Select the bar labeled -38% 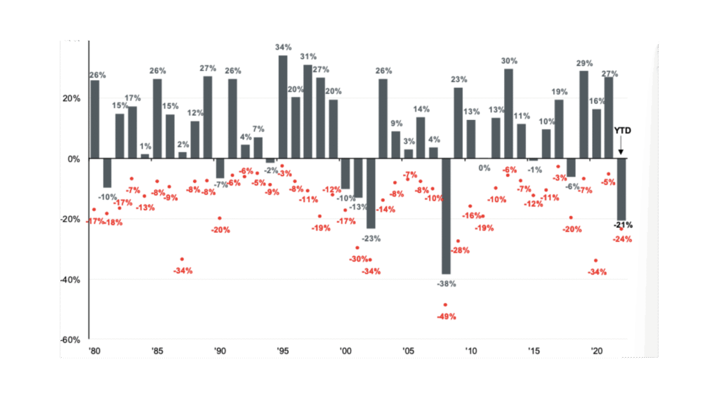tap(446, 216)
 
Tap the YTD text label tap(622, 130)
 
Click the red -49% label tap(447, 316)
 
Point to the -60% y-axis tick tap(71, 339)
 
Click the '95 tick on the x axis tap(284, 350)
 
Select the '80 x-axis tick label tap(94, 350)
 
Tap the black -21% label tap(623, 225)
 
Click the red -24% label tap(623, 239)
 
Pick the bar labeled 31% tap(308, 112)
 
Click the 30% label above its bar tap(509, 61)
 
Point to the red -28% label tap(460, 250)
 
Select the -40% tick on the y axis tap(71, 279)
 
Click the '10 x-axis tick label tap(471, 350)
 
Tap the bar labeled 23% tap(459, 123)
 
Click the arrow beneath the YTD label tap(621, 147)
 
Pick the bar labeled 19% tap(559, 129)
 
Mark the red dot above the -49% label tap(445, 305)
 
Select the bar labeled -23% tap(370, 194)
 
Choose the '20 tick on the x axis tap(597, 350)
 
